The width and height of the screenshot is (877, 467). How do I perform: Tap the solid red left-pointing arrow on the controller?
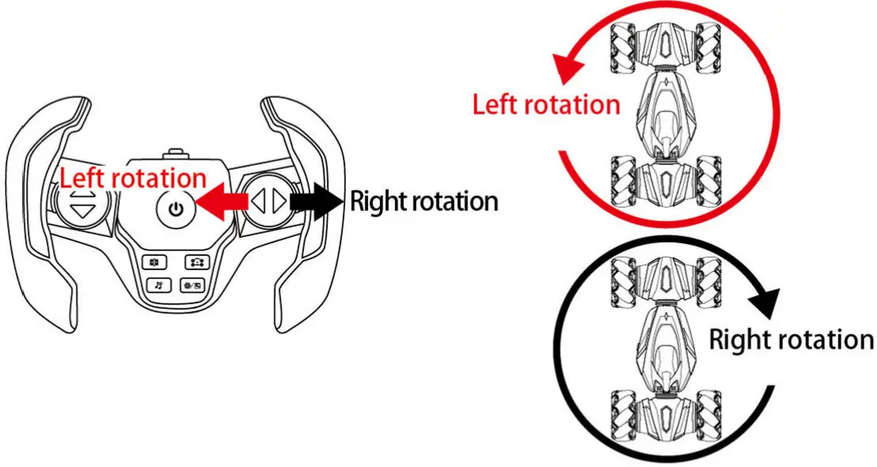(221, 203)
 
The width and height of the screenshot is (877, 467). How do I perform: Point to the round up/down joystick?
(82, 203)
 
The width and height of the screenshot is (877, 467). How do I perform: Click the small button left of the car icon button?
(155, 261)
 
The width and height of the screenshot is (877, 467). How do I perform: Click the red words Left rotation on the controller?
(134, 177)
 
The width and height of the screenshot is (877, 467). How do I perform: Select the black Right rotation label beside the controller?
(423, 201)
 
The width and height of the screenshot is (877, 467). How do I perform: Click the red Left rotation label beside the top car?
(546, 104)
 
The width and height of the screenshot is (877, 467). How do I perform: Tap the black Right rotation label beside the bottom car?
(791, 341)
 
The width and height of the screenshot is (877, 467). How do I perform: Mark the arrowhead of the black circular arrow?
(764, 300)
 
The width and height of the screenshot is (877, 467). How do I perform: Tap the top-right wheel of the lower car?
(710, 278)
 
